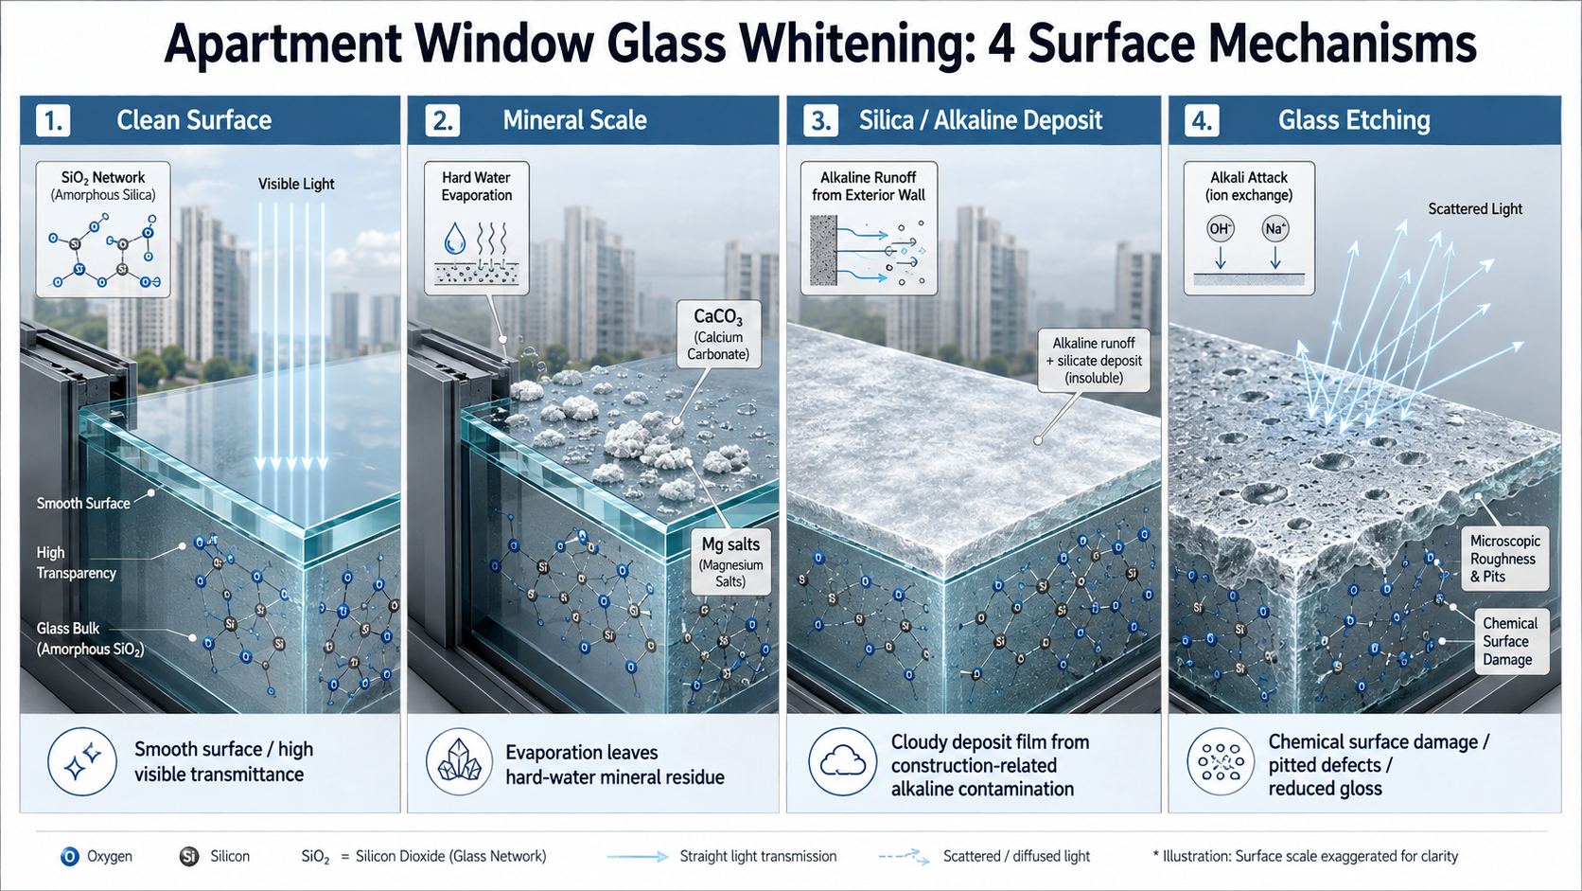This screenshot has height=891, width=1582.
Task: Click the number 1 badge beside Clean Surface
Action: point(54,121)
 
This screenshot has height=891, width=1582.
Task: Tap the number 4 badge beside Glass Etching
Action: point(1202,121)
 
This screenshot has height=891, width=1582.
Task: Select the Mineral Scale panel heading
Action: point(574,120)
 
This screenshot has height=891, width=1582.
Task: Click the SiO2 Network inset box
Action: point(103,229)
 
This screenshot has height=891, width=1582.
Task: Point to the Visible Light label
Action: point(296,185)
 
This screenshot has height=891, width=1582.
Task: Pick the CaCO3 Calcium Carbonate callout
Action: point(718,334)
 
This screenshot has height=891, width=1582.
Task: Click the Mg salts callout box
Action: point(730,562)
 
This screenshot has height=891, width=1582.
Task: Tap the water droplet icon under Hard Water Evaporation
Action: point(455,238)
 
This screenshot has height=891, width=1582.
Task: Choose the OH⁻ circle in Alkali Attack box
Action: point(1220,229)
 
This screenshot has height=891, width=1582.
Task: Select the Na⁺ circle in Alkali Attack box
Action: point(1274,229)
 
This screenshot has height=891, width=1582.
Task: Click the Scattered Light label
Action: point(1475,209)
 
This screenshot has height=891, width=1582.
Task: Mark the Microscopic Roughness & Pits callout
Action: point(1504,559)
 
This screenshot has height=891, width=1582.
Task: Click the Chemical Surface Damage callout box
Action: point(1510,642)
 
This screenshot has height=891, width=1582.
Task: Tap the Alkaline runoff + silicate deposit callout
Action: point(1094,361)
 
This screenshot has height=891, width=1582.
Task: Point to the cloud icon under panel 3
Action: point(842,762)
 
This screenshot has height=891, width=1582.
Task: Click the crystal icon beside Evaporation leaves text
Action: point(459,762)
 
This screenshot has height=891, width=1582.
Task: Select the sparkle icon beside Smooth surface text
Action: point(82,762)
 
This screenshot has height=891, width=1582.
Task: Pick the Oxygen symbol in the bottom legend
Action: point(69,856)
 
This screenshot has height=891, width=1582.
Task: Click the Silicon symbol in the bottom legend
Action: point(188,856)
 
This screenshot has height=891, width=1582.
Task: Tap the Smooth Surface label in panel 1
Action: point(83,504)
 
